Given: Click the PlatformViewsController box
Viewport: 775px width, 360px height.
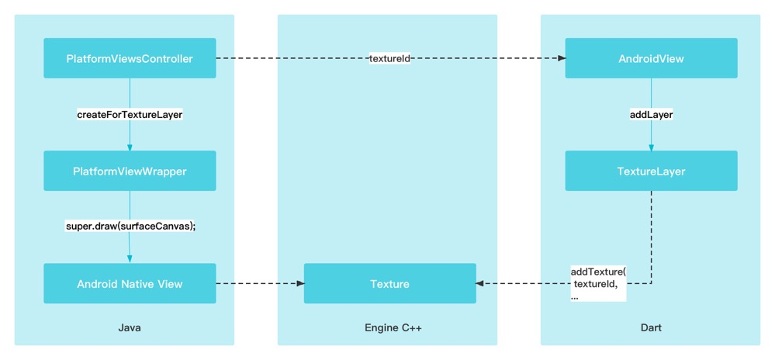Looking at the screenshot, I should pos(130,58).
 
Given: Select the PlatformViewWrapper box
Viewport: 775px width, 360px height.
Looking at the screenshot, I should pos(130,171).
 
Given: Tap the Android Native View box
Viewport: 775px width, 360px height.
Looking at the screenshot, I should pos(130,284).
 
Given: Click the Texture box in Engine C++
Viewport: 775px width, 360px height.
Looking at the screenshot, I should pos(389,284).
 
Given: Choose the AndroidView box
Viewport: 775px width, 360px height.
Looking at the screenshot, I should pos(651,58).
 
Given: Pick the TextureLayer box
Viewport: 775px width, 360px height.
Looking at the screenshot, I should pos(651,171).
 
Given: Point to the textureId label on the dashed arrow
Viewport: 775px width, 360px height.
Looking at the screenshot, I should pos(389,58).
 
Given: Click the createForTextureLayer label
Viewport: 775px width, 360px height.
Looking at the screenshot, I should pos(130,114).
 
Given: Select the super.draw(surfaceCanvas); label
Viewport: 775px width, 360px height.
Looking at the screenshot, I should pos(130,227).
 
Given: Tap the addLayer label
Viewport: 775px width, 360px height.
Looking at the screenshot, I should pos(651,114).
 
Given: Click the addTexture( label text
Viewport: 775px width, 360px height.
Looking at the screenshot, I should pos(598,272).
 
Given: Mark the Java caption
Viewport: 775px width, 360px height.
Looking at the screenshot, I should pos(130,327).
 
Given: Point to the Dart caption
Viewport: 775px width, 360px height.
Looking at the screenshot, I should pos(651,327).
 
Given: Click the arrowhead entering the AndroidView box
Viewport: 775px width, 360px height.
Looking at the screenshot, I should pos(561,58).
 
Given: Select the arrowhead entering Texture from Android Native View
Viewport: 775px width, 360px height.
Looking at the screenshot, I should pos(299,284).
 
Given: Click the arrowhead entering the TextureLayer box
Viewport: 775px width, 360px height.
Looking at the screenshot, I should pos(651,147).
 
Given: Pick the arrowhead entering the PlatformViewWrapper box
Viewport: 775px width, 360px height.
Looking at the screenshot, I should pos(130,147).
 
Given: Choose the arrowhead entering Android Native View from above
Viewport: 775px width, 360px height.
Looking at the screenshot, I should pos(130,260).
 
